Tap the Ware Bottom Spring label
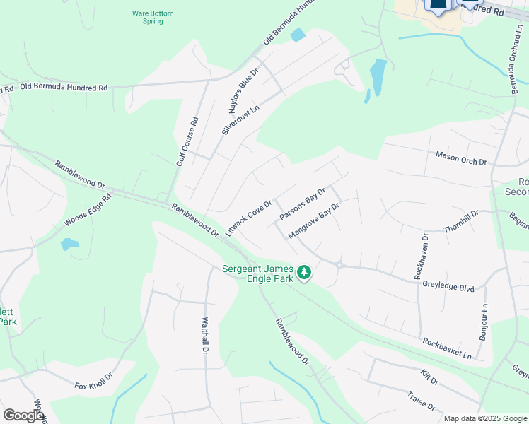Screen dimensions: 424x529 (x=153, y=17)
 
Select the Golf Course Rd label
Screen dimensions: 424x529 (x=187, y=141)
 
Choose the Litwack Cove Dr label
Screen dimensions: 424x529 (x=248, y=217)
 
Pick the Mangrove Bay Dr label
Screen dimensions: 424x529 (x=314, y=221)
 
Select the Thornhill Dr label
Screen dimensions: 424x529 (x=462, y=221)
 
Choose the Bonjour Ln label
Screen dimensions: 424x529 (x=484, y=323)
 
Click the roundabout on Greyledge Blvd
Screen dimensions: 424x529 (x=340, y=266)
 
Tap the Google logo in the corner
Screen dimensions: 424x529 (x=23, y=416)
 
